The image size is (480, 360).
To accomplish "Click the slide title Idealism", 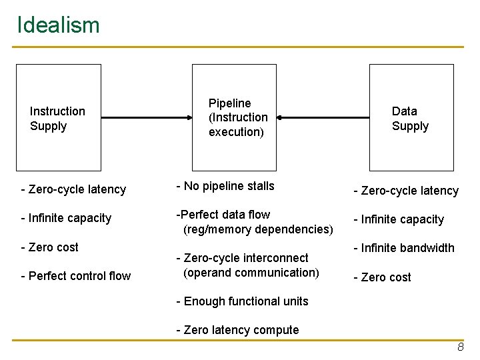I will point(58,25).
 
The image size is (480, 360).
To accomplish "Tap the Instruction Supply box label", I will point(57,119).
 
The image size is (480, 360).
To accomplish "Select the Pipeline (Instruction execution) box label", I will point(238,117).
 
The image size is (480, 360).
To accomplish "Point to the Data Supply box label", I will point(410,119).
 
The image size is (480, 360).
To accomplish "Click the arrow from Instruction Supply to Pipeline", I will point(147,117).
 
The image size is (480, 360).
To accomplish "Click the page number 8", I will point(460,348).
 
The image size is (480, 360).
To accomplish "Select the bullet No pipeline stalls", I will point(225,186).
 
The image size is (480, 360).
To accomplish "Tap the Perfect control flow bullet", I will point(76,276).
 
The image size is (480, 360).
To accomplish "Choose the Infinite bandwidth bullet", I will point(403,248).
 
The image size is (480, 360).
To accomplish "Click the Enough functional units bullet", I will point(242,301).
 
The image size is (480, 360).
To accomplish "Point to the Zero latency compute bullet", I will point(237,330).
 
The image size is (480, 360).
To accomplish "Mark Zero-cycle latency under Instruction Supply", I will point(73,189).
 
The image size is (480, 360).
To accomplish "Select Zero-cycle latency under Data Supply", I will point(406,191).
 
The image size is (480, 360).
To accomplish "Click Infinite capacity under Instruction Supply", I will point(66,218).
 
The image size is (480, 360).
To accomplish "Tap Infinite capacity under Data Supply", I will point(399,219).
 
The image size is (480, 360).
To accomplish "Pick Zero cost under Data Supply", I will point(382,277).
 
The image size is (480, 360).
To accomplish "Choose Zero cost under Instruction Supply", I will point(50,247).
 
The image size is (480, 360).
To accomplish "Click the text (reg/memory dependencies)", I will point(258,229).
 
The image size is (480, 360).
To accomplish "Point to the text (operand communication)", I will point(251,273).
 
